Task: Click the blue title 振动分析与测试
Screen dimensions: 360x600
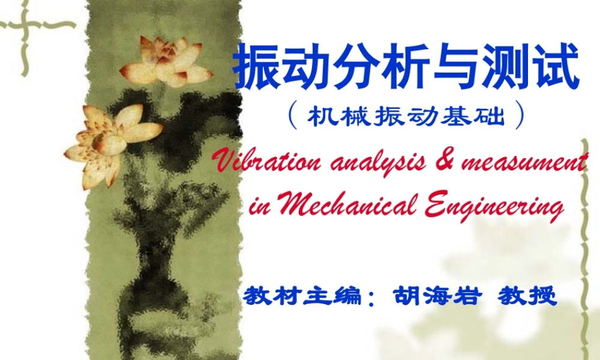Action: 406,68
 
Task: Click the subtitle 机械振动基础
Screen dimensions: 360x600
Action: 406,116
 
